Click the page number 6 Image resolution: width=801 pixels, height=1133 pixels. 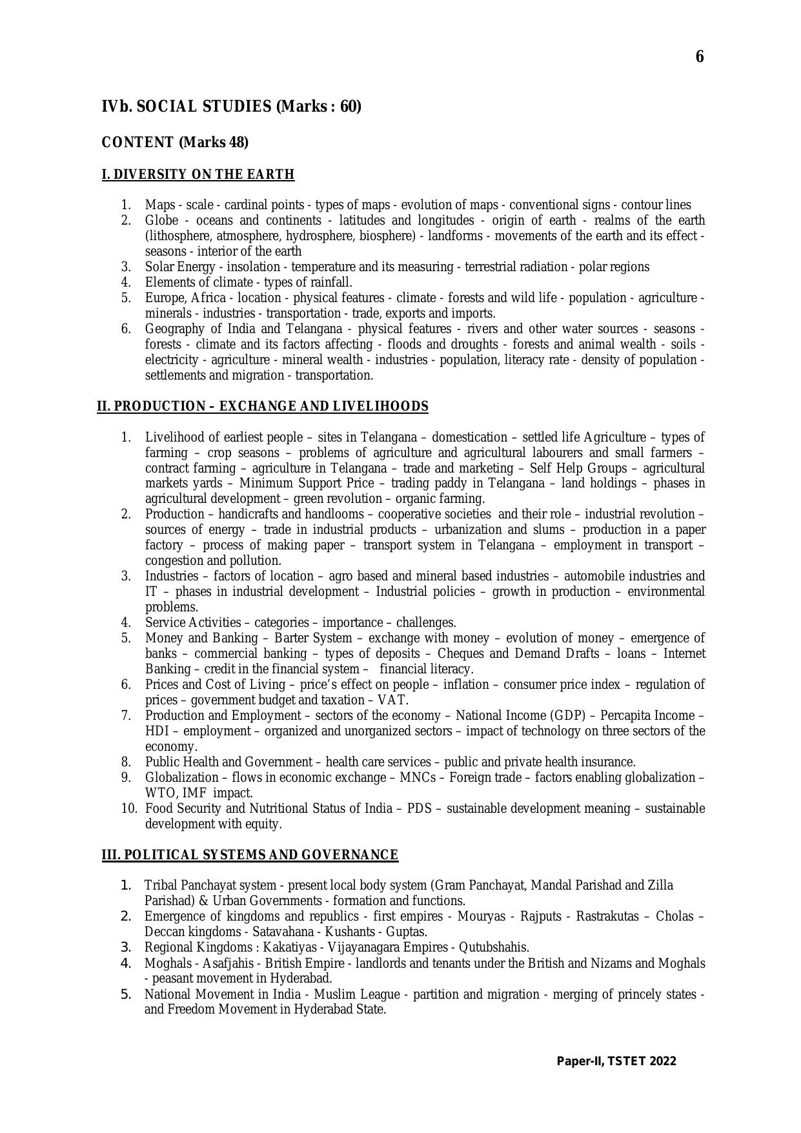(700, 57)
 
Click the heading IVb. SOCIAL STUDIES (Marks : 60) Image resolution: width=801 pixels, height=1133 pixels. (231, 107)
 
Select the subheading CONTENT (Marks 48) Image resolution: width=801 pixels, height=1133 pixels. (175, 142)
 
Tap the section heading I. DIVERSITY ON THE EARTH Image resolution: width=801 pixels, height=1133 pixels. (198, 174)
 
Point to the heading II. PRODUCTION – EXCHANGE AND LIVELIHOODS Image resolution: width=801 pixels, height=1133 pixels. (263, 406)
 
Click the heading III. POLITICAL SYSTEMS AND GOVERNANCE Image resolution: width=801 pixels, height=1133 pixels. (250, 855)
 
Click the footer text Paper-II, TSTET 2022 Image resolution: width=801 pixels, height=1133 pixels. (616, 1061)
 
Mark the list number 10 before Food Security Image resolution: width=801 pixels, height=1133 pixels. (128, 808)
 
